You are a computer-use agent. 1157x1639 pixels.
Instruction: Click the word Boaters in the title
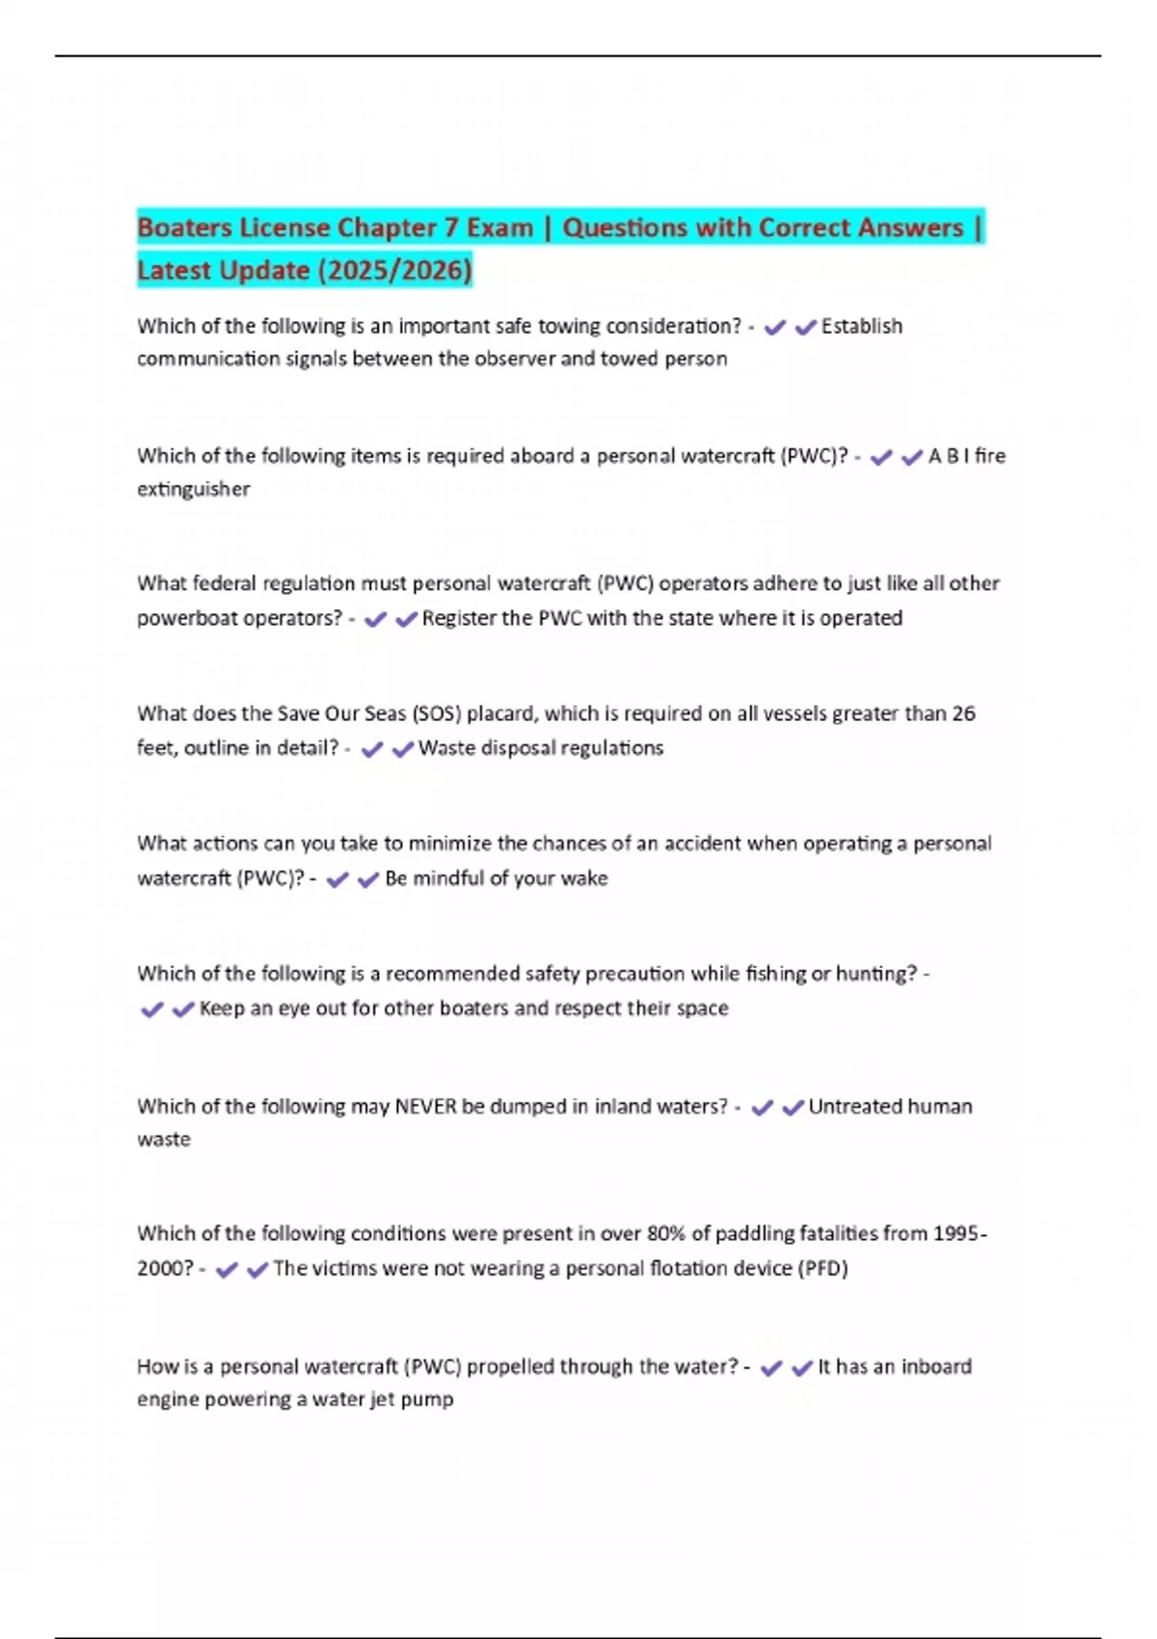point(184,228)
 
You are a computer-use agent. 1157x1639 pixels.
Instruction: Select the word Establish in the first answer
point(861,327)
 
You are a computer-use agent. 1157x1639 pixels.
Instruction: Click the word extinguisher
point(193,490)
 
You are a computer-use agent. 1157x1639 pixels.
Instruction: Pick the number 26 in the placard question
point(963,714)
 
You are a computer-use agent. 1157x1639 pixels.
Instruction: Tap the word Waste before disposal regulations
point(446,748)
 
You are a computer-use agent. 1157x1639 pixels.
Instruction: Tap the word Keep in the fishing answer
point(222,1008)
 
